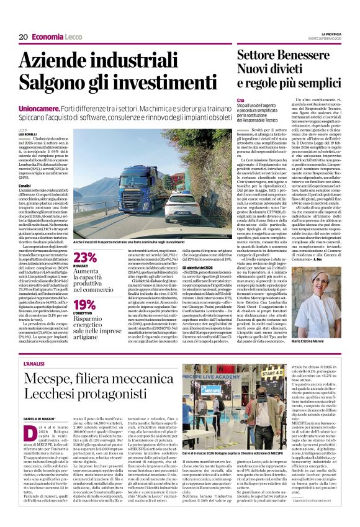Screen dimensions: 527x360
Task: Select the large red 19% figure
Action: click(84, 304)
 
